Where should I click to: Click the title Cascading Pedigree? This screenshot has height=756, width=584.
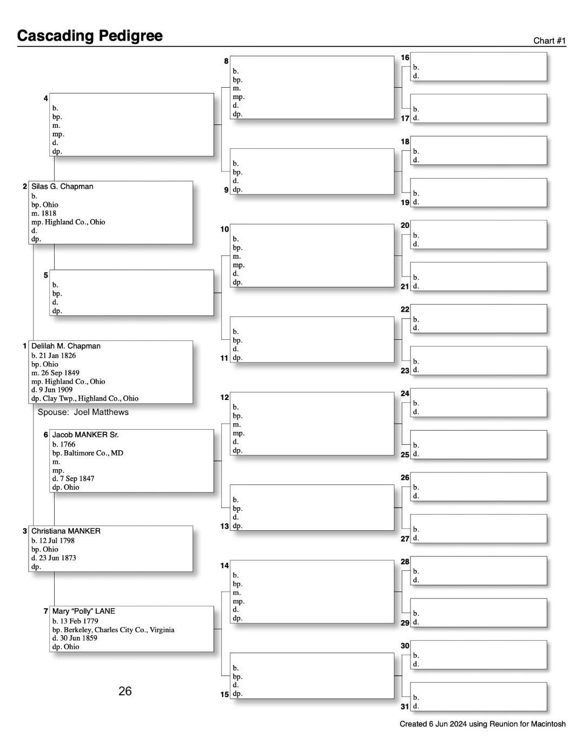tap(90, 36)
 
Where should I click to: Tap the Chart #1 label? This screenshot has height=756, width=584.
tap(549, 41)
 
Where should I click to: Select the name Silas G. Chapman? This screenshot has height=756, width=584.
tap(62, 187)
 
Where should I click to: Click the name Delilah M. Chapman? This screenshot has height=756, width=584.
tap(66, 346)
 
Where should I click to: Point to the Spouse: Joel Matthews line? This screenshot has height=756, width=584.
tap(83, 412)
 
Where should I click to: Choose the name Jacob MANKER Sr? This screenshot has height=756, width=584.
tap(85, 435)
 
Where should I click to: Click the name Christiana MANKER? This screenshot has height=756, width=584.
tap(66, 531)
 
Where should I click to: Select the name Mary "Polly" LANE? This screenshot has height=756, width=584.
tap(84, 612)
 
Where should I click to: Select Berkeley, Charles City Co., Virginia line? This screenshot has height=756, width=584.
tap(113, 630)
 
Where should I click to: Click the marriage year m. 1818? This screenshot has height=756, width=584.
tap(44, 213)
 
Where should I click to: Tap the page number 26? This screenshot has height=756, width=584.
tap(125, 691)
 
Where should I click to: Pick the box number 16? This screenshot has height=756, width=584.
tap(405, 57)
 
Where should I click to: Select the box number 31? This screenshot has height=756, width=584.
tap(405, 707)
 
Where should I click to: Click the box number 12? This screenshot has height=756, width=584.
tap(224, 397)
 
